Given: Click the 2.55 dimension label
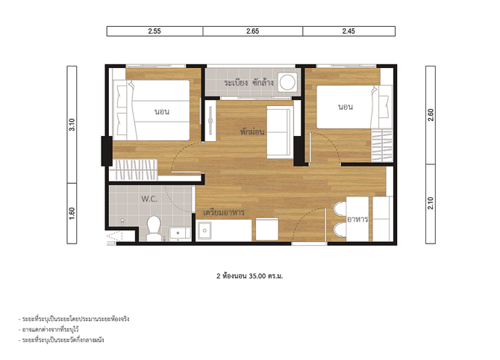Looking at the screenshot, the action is click(x=154, y=31).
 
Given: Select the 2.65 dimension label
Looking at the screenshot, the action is click(x=252, y=31).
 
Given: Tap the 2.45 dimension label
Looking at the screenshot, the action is click(x=349, y=31).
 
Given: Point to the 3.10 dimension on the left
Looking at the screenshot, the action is click(x=72, y=125).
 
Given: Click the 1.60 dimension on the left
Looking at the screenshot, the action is click(x=72, y=213).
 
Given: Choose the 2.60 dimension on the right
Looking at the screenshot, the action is click(x=431, y=115).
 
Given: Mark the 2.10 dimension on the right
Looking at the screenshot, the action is click(x=431, y=203).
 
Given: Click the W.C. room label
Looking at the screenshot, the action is click(x=149, y=199).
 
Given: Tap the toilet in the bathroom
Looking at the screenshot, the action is click(x=154, y=229).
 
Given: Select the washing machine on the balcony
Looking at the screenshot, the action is click(x=288, y=82).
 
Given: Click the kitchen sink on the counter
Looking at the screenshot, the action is click(x=204, y=230).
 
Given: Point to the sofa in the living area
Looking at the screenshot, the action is click(x=280, y=131).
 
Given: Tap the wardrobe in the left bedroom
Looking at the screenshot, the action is click(x=134, y=170).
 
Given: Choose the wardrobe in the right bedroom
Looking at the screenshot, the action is click(x=382, y=146).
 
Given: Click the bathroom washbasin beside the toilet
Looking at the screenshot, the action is click(x=180, y=233).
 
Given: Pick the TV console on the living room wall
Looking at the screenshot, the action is click(x=210, y=120).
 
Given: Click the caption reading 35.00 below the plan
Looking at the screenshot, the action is click(x=257, y=276).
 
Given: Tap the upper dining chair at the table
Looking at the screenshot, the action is click(x=340, y=208).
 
